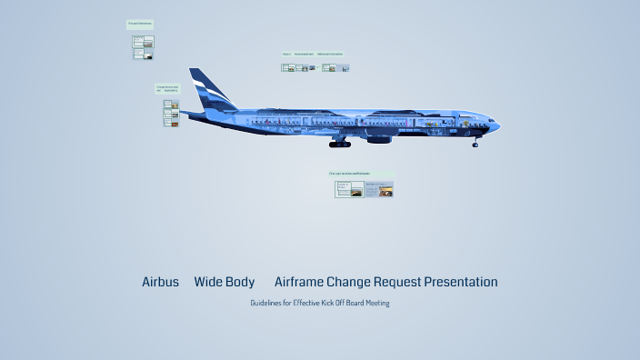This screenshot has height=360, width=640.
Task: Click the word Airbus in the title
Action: coord(160,282)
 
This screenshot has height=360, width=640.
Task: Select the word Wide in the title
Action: coord(208,282)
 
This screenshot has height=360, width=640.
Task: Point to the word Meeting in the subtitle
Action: coord(377,303)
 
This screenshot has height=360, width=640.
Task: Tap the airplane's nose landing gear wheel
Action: coord(475,144)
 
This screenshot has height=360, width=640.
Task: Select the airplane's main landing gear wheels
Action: coord(340,144)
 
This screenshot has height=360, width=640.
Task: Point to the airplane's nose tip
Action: coord(499,125)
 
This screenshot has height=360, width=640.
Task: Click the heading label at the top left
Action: coord(140,23)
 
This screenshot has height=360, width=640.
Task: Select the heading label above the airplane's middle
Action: coord(315,55)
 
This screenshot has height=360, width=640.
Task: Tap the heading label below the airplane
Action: coord(350,173)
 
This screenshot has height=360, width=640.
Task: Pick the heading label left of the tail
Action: coord(167,89)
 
